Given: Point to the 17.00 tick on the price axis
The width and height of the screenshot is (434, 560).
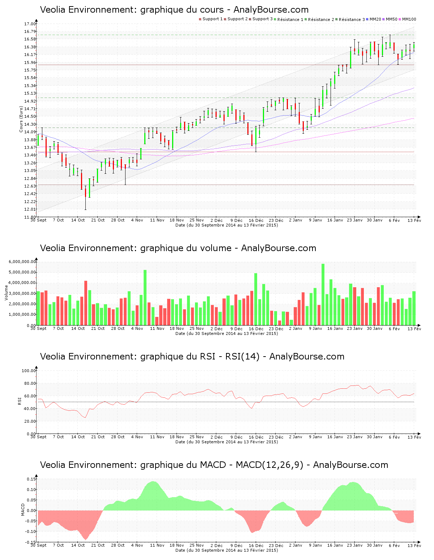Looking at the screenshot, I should [x=30, y=24].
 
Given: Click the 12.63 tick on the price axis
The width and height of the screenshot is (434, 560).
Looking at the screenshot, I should [x=30, y=186].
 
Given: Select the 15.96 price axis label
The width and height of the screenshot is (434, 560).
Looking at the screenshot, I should [x=30, y=63].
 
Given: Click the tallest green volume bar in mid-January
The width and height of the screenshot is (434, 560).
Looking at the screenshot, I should [x=323, y=294].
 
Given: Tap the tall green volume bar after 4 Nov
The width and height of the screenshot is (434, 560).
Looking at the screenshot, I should [x=145, y=297].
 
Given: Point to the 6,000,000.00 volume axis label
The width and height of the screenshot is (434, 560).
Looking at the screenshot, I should [x=22, y=262].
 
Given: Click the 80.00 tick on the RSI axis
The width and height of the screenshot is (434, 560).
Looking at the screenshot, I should [x=29, y=383].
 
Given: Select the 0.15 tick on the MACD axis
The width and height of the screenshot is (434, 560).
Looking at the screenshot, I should [x=31, y=479].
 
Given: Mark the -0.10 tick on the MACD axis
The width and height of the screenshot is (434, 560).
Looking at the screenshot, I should [x=31, y=531].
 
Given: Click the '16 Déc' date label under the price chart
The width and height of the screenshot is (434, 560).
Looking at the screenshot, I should [x=256, y=220].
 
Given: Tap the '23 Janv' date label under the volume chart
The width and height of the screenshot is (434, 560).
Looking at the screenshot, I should [x=355, y=328].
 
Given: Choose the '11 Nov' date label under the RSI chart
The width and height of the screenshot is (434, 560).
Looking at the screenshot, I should [x=157, y=437].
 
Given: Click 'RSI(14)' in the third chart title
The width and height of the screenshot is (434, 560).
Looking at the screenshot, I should [x=242, y=357].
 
